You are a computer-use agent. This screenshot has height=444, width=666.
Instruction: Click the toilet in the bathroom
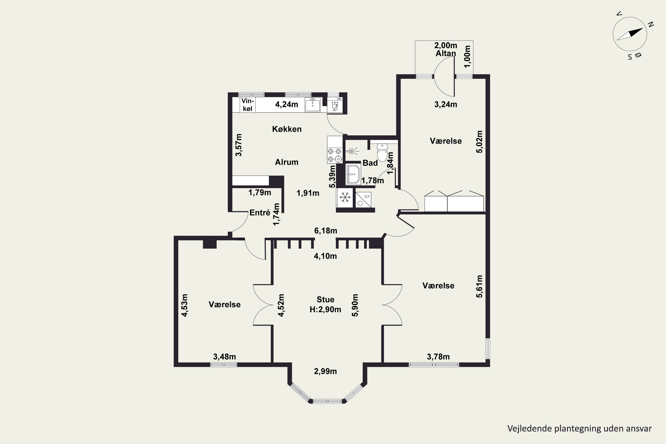pos(382,152)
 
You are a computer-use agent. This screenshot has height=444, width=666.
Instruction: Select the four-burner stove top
pos(334,155)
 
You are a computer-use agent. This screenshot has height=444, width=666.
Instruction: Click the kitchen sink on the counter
pos(313,105)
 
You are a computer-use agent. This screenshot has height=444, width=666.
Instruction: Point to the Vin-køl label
pos(248,105)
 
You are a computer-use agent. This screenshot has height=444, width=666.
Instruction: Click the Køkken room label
pos(287,129)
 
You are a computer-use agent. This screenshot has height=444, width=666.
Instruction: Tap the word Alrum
pos(287,162)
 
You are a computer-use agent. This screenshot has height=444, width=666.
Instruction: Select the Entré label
pos(260,213)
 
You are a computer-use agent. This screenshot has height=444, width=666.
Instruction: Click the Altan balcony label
pos(446,53)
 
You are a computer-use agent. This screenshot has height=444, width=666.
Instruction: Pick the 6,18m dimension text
pos(326,231)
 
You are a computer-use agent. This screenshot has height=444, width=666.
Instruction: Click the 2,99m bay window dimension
pos(325,371)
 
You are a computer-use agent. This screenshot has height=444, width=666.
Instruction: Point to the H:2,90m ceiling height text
pos(325,309)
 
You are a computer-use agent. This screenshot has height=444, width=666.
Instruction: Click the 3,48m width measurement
pos(224,357)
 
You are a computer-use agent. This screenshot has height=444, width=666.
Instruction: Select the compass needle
pos(630,34)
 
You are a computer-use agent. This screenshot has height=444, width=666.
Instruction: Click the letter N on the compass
pos(651,24)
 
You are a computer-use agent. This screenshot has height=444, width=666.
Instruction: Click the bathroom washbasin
pos(353,174)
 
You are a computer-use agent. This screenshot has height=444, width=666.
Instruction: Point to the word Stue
pos(325,299)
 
